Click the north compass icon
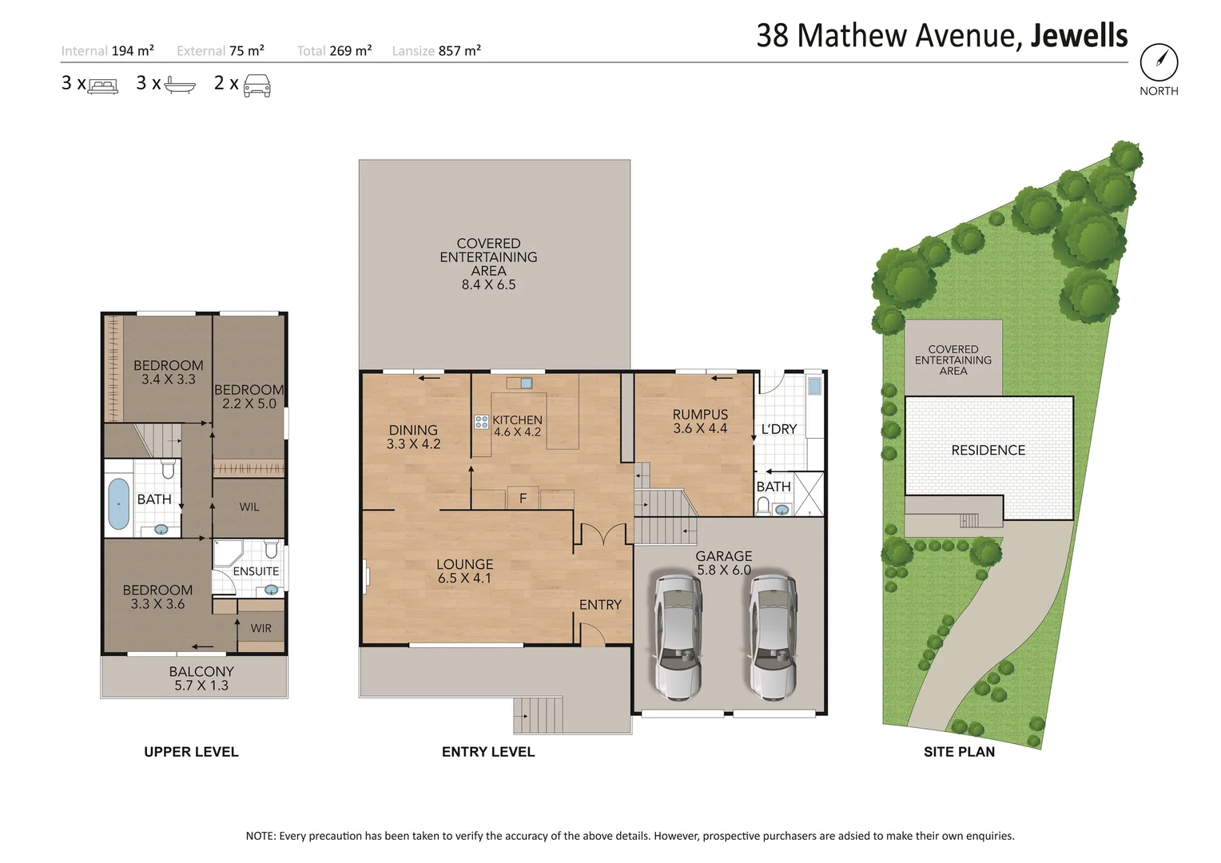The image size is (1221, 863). pyautogui.click(x=1159, y=62)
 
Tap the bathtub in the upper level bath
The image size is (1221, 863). pyautogui.click(x=118, y=503)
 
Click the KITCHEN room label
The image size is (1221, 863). pyautogui.click(x=517, y=420)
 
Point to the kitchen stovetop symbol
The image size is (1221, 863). pyautogui.click(x=481, y=422)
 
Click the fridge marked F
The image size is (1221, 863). pyautogui.click(x=523, y=499)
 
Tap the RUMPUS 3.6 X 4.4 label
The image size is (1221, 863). pyautogui.click(x=700, y=421)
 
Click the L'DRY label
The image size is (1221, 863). pyautogui.click(x=778, y=429)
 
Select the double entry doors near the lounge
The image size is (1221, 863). pyautogui.click(x=603, y=535)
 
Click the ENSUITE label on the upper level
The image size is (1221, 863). pyautogui.click(x=256, y=571)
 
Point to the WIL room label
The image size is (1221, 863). pyautogui.click(x=249, y=507)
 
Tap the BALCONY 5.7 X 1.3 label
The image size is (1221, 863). pyautogui.click(x=201, y=678)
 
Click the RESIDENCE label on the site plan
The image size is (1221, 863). pyautogui.click(x=988, y=451)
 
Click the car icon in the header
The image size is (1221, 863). pyautogui.click(x=257, y=85)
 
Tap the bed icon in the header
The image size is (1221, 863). pyautogui.click(x=103, y=86)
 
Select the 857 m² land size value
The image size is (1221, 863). pyautogui.click(x=459, y=51)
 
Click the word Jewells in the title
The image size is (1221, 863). pyautogui.click(x=1079, y=36)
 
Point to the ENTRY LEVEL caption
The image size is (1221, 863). pyautogui.click(x=488, y=752)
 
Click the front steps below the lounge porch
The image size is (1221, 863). pyautogui.click(x=538, y=714)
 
